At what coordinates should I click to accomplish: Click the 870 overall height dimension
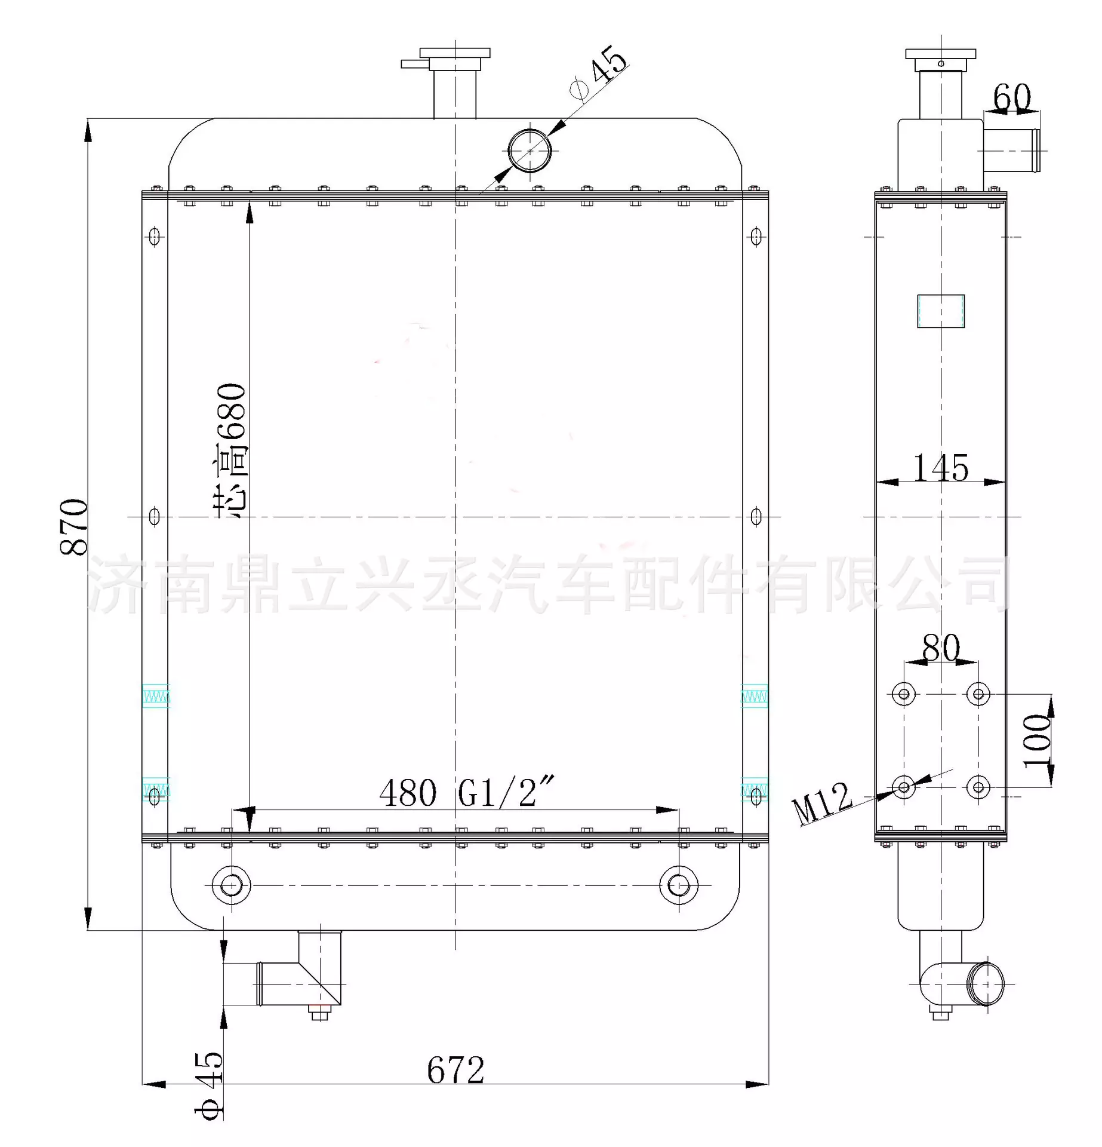tap(74, 526)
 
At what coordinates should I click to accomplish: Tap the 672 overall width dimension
tap(455, 1070)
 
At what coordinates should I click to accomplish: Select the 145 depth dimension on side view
tap(941, 468)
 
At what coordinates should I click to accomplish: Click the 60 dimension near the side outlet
tap(1012, 97)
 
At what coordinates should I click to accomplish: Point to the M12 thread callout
tap(822, 803)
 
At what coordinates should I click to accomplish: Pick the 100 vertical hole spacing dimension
tap(1037, 741)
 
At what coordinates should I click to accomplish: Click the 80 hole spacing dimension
tap(941, 648)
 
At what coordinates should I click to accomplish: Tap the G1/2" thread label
tap(506, 793)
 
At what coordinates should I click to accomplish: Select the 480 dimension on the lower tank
tap(408, 793)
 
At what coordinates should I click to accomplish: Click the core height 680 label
tap(232, 451)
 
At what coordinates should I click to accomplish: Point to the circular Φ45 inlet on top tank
tap(530, 151)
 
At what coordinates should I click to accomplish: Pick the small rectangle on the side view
tap(941, 311)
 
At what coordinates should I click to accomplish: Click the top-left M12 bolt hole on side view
tap(904, 694)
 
